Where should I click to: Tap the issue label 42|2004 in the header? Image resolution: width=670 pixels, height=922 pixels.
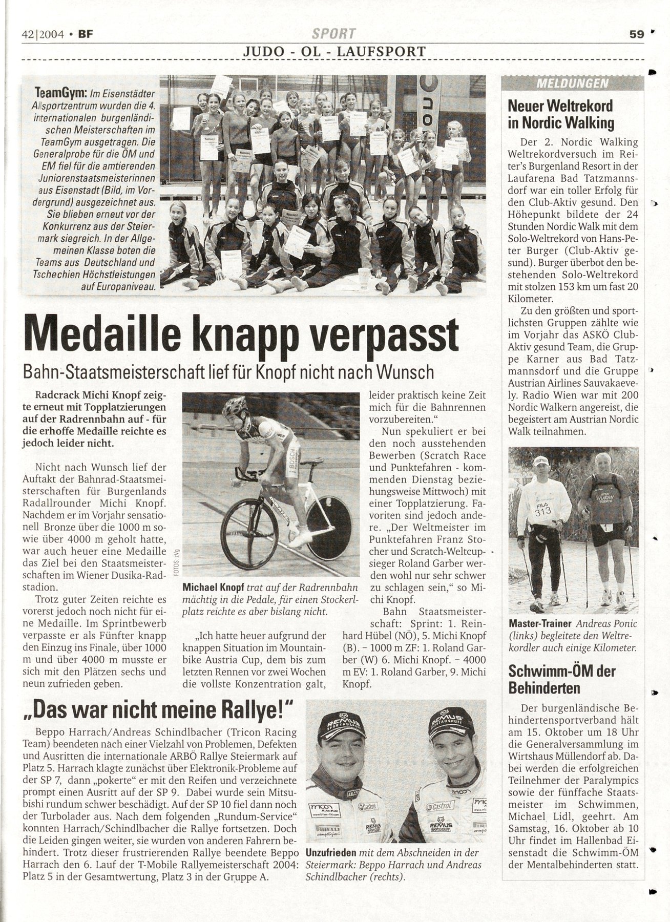point(43,35)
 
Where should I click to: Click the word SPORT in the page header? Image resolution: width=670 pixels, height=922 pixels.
point(334,34)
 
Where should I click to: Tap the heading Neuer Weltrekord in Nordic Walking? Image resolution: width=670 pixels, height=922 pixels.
point(560,114)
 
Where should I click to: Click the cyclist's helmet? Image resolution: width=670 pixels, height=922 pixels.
point(236,408)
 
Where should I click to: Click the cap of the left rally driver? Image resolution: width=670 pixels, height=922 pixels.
point(341,725)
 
